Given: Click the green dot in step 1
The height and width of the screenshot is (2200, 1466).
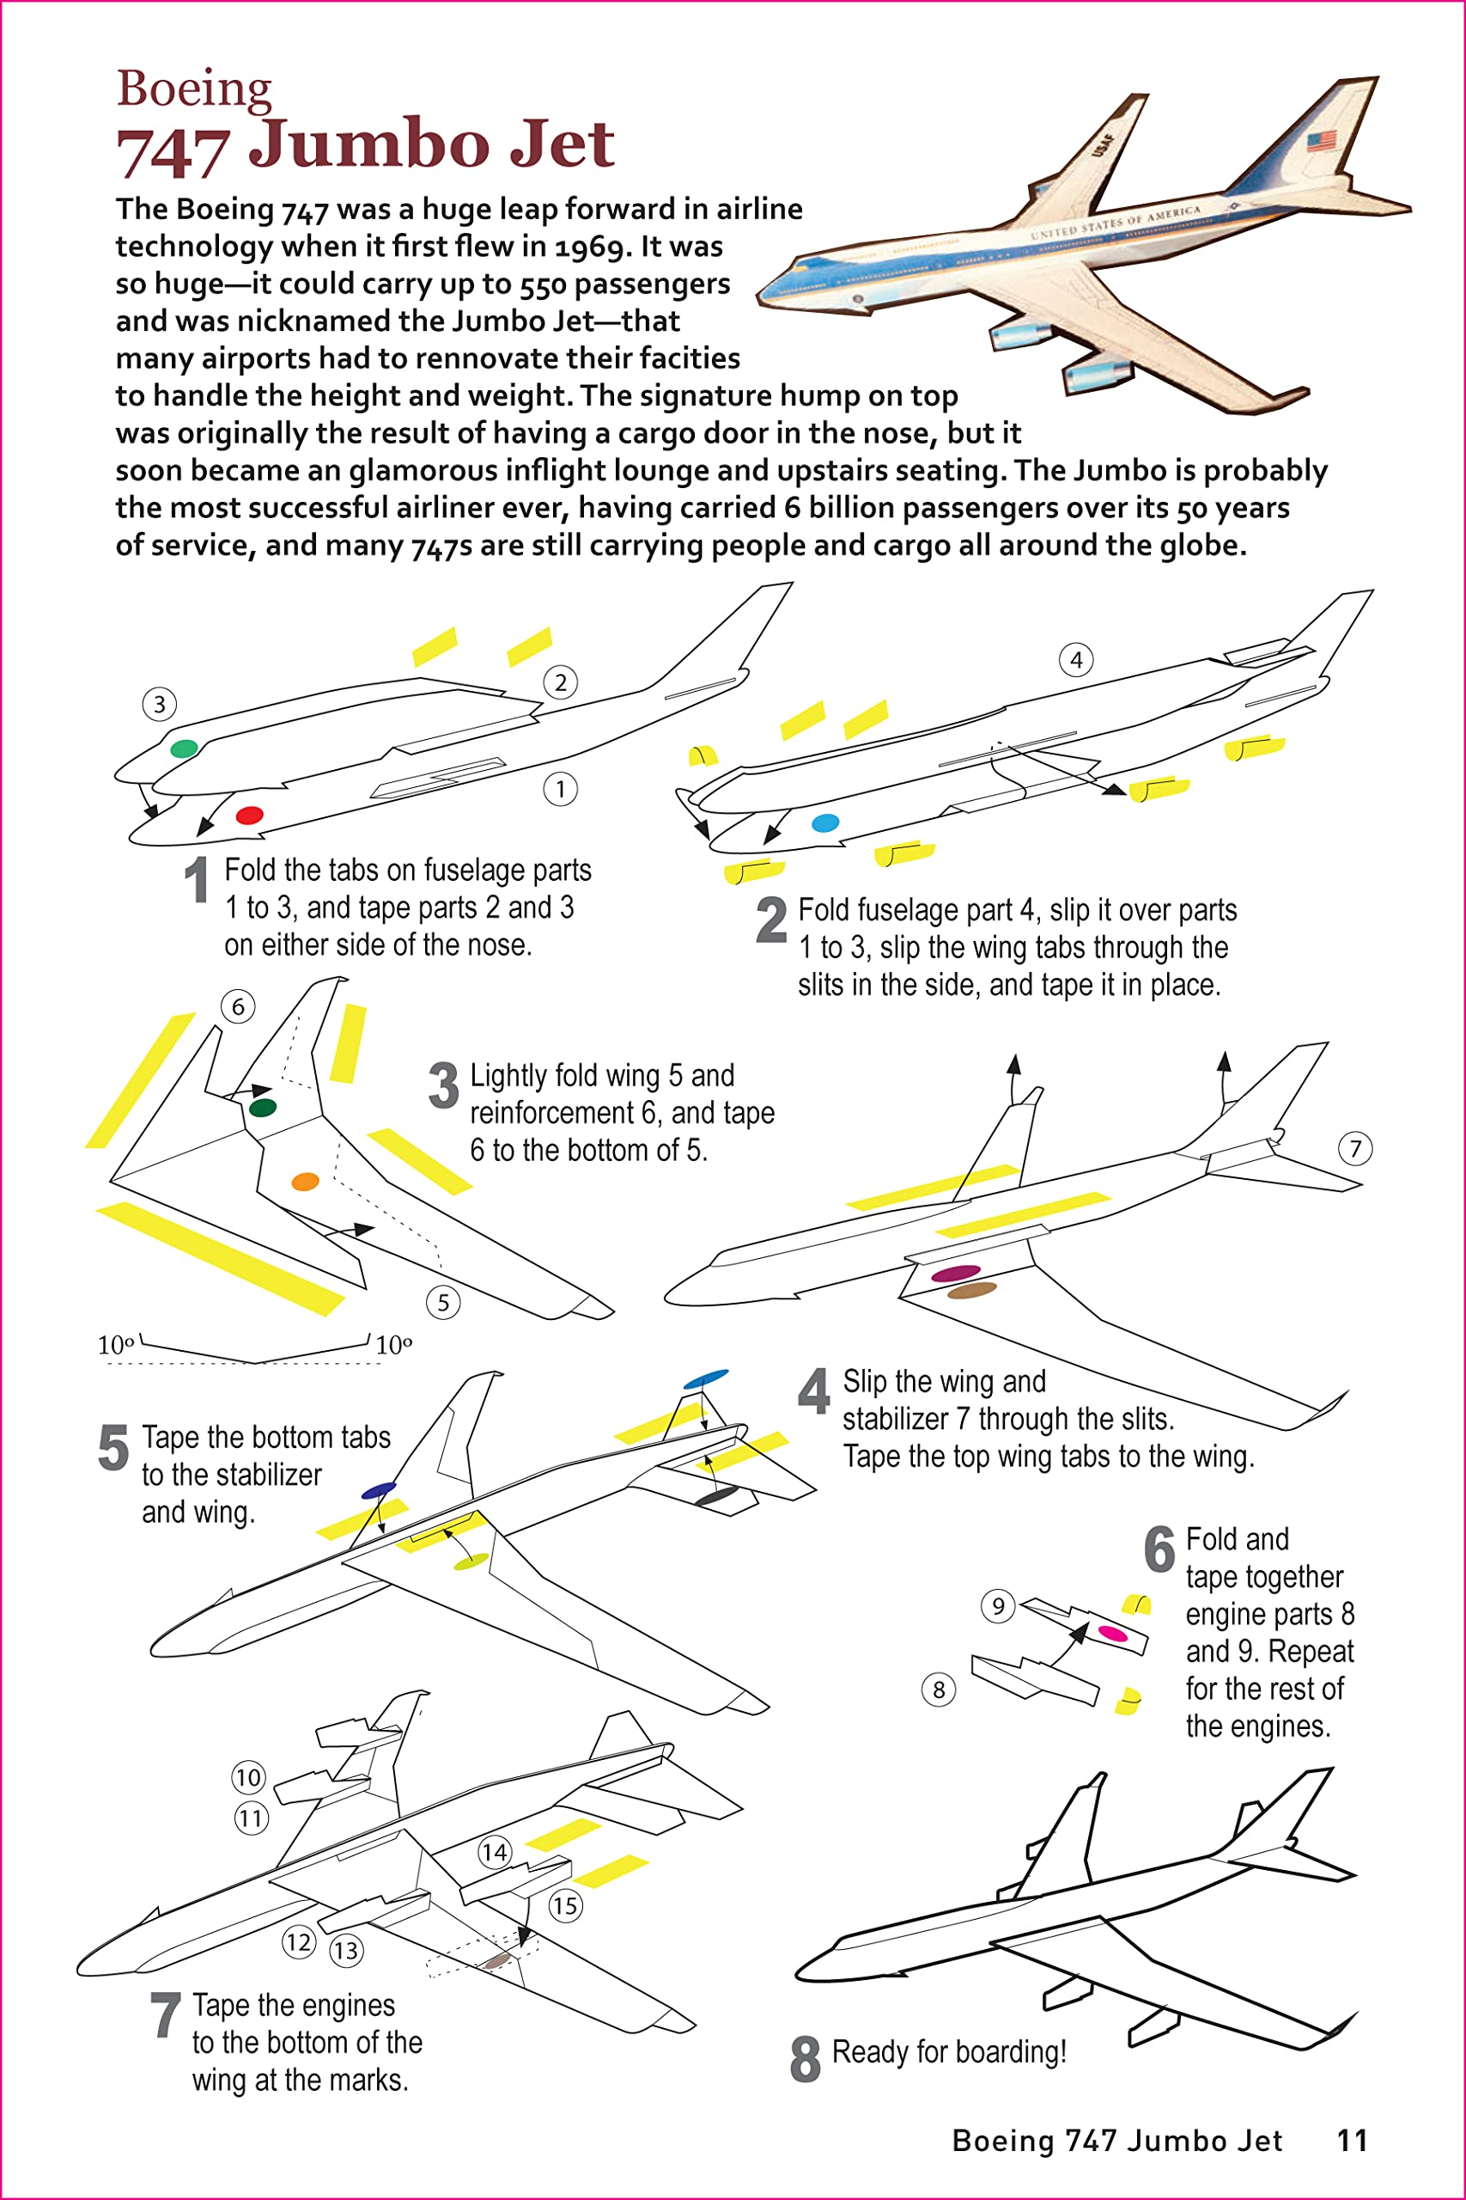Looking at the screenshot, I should click(x=184, y=748).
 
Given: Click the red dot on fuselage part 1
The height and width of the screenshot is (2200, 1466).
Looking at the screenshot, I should click(x=250, y=815).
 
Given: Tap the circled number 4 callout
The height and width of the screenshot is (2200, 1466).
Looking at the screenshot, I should click(x=1076, y=659).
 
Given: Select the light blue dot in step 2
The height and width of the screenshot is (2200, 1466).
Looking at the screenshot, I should click(x=825, y=823).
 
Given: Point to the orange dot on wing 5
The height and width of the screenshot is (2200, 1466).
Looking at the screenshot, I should click(x=306, y=1182).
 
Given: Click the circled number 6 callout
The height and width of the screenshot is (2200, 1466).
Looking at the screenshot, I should click(x=238, y=1006).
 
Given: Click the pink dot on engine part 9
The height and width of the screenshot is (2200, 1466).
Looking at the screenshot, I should click(x=1112, y=1633).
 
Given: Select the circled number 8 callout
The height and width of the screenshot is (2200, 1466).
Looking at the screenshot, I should click(x=939, y=1690).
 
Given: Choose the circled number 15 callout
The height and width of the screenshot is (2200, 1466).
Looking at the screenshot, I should click(x=565, y=1905).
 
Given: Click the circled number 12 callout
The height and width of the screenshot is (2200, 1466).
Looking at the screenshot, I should click(x=298, y=1942).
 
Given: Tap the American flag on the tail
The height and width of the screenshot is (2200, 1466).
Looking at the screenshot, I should click(x=1321, y=142).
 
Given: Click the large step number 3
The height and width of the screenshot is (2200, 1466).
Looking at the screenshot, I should click(x=443, y=1085).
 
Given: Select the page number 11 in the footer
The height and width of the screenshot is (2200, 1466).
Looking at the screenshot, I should click(x=1352, y=2140).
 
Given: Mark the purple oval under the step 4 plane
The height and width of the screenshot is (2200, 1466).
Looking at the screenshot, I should click(x=956, y=1272).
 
